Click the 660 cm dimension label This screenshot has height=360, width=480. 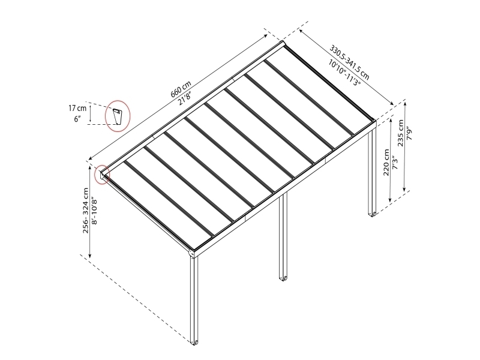[x=181, y=89]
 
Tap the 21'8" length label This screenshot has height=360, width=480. [x=185, y=97]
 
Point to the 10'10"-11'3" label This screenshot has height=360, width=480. [x=344, y=73]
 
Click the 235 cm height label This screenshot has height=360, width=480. [x=401, y=133]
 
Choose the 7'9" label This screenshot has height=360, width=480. [x=410, y=134]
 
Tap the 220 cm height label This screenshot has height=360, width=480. [x=386, y=163]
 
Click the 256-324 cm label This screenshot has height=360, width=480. [x=86, y=211]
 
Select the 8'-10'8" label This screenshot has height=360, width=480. [x=95, y=211]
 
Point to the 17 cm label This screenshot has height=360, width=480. [x=77, y=108]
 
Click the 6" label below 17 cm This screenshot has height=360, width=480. [x=77, y=119]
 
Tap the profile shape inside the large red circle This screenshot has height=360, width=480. [x=118, y=116]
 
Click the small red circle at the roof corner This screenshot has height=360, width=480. [x=101, y=175]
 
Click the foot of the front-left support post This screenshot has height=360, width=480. [x=194, y=341]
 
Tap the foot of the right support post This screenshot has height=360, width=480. [x=373, y=214]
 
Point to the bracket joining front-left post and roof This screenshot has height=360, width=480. [x=192, y=253]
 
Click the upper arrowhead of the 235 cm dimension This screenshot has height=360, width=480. [x=406, y=104]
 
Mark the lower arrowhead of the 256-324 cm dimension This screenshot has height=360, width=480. [x=90, y=256]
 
